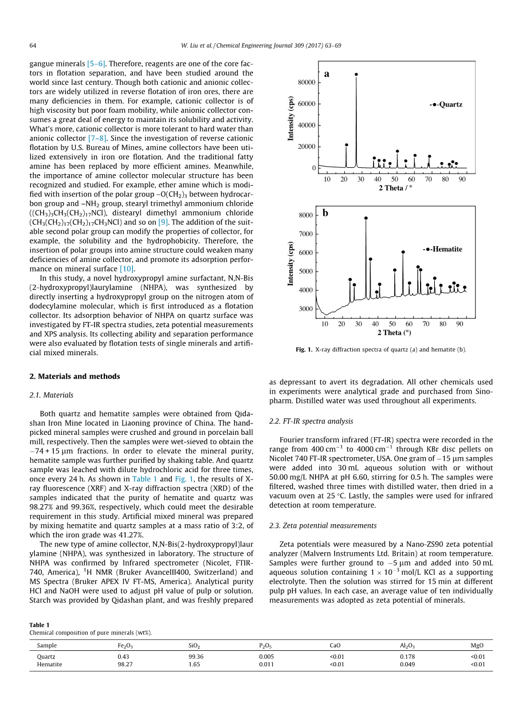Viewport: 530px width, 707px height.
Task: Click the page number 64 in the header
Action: click(33, 46)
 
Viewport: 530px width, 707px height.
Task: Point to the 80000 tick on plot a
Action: click(306, 83)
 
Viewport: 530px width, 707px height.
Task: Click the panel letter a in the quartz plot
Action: click(327, 74)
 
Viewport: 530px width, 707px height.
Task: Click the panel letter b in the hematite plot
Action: click(325, 213)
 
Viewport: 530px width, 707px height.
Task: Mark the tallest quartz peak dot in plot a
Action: click(356, 74)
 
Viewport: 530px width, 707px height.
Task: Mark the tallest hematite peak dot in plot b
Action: click(366, 218)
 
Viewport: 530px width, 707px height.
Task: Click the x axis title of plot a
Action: click(395, 188)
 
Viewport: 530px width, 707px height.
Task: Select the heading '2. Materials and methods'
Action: click(74, 376)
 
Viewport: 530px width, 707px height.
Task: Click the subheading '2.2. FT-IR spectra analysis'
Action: click(311, 421)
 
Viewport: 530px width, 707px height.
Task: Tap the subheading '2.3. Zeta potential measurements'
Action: click(323, 525)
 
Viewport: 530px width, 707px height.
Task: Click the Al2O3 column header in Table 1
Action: click(407, 645)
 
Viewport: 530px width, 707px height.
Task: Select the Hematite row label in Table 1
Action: click(49, 665)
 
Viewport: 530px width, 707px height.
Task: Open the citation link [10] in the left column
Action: click(126, 268)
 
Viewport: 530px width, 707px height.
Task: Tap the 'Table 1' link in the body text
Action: click(142, 479)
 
